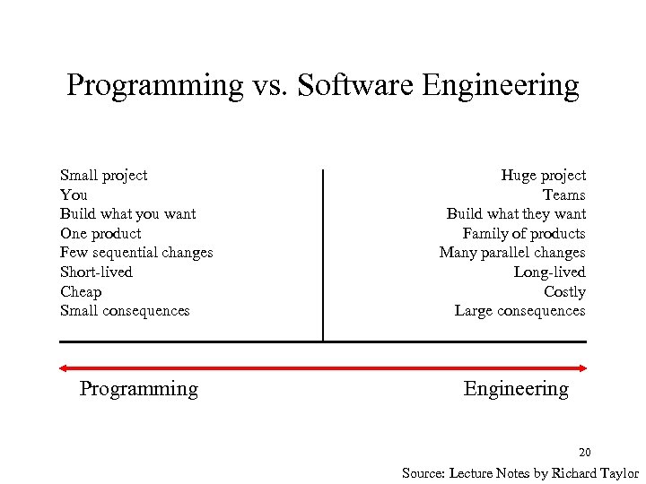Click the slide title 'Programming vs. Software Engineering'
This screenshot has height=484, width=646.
(323, 86)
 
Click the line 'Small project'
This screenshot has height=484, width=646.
(103, 176)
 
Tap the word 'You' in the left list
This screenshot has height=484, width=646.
(74, 195)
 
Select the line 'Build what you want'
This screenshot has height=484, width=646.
(127, 214)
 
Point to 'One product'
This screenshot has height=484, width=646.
(100, 234)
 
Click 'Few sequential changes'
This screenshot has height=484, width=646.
(136, 253)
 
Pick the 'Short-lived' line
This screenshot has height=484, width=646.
(96, 272)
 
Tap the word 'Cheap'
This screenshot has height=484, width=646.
(81, 292)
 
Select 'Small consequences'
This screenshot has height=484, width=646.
(125, 311)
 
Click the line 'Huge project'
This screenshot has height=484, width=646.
(543, 176)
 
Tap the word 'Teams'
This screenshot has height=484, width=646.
(563, 195)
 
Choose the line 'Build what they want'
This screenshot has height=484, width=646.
(516, 214)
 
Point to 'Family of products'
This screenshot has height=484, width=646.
(524, 234)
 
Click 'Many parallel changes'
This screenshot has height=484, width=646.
(512, 253)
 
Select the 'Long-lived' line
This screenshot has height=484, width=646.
(549, 272)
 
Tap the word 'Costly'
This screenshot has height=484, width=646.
(564, 292)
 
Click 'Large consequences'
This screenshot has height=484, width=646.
(519, 311)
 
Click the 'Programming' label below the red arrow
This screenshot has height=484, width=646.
(139, 389)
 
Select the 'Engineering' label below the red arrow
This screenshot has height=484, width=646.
(516, 389)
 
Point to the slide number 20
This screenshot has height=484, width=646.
(584, 452)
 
